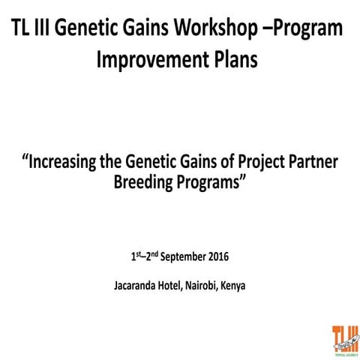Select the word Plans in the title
pos(232,60)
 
